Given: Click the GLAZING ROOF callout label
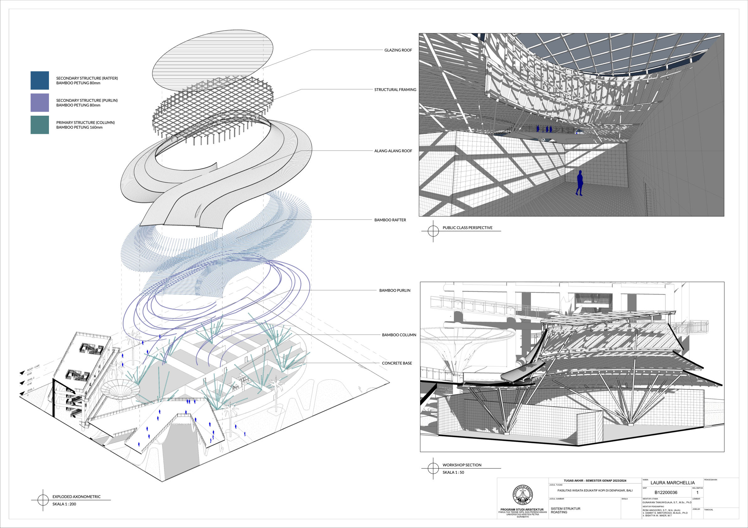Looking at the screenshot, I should pyautogui.click(x=398, y=50).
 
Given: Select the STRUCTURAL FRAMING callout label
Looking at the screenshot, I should pyautogui.click(x=395, y=90).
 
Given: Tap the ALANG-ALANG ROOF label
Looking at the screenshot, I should pyautogui.click(x=393, y=151).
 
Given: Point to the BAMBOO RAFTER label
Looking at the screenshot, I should pyautogui.click(x=390, y=220).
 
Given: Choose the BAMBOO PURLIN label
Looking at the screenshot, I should pyautogui.click(x=394, y=290).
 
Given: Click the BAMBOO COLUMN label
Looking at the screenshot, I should pyautogui.click(x=399, y=335).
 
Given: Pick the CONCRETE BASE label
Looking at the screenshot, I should pyautogui.click(x=397, y=363).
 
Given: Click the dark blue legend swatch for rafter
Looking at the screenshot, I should pyautogui.click(x=40, y=80).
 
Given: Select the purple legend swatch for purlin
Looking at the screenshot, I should pyautogui.click(x=40, y=103).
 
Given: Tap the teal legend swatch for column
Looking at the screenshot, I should pyautogui.click(x=40, y=125).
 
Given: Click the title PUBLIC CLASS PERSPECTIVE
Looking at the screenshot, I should pyautogui.click(x=467, y=228).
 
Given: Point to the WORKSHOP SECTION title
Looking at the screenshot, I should pyautogui.click(x=462, y=465).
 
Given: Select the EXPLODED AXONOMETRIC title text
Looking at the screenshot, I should pyautogui.click(x=76, y=497).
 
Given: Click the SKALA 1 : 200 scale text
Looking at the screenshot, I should pyautogui.click(x=64, y=504).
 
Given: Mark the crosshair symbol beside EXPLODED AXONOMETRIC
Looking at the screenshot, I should pyautogui.click(x=43, y=500).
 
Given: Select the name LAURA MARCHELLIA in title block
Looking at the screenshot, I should pyautogui.click(x=672, y=483).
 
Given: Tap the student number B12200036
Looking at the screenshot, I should pyautogui.click(x=665, y=493).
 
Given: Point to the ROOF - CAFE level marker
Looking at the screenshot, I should pyautogui.click(x=33, y=368).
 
